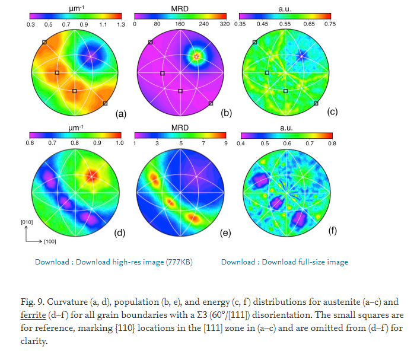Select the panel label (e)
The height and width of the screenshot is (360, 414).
point(225,233)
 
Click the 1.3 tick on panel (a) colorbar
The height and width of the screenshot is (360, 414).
point(120,24)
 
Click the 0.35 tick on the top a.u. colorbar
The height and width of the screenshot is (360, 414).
point(240,24)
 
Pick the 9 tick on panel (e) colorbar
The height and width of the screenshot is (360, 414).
point(225,143)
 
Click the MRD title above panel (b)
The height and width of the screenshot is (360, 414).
point(180,5)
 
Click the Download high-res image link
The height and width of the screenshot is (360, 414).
point(113,262)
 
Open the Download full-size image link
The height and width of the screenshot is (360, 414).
point(284,262)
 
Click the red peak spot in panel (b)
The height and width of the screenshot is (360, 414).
point(196,56)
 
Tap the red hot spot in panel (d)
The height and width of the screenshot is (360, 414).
point(91,174)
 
